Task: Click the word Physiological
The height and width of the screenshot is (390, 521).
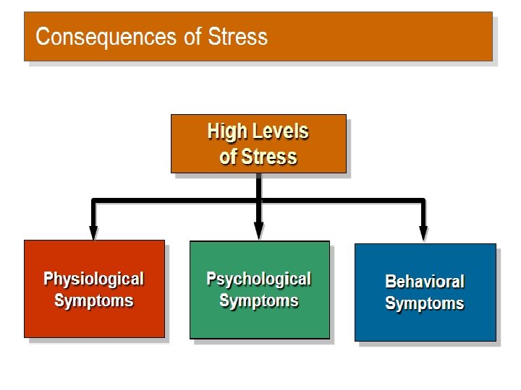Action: click(x=94, y=279)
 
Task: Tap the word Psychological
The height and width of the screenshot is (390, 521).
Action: click(x=258, y=279)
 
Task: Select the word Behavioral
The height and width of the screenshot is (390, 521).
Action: click(x=425, y=282)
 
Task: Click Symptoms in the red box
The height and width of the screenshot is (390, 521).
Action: click(x=94, y=300)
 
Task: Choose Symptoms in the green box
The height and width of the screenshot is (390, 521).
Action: click(x=258, y=300)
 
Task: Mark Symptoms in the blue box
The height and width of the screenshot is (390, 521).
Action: click(x=425, y=303)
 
